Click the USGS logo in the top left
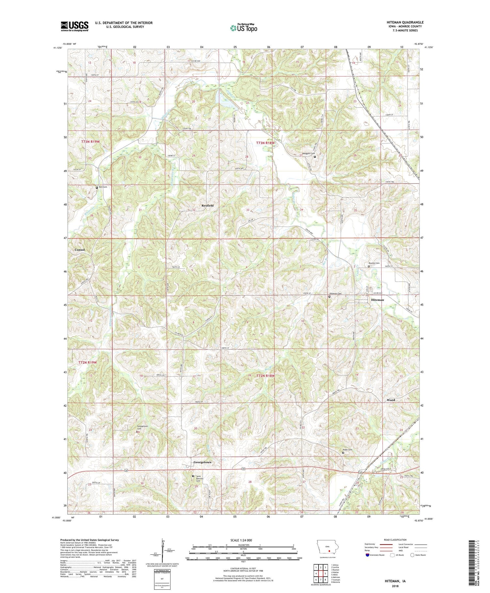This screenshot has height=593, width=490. pyautogui.click(x=74, y=26)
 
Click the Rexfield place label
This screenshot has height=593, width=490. pyautogui.click(x=207, y=205)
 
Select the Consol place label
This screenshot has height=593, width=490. pyautogui.click(x=79, y=250)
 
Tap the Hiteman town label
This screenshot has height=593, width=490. pyautogui.click(x=377, y=300)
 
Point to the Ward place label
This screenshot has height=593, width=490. pyautogui.click(x=391, y=400)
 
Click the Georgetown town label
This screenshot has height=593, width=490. pyautogui.click(x=202, y=462)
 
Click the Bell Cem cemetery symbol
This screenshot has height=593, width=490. pyautogui.click(x=97, y=188)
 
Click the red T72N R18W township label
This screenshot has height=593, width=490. pyautogui.click(x=265, y=376)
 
